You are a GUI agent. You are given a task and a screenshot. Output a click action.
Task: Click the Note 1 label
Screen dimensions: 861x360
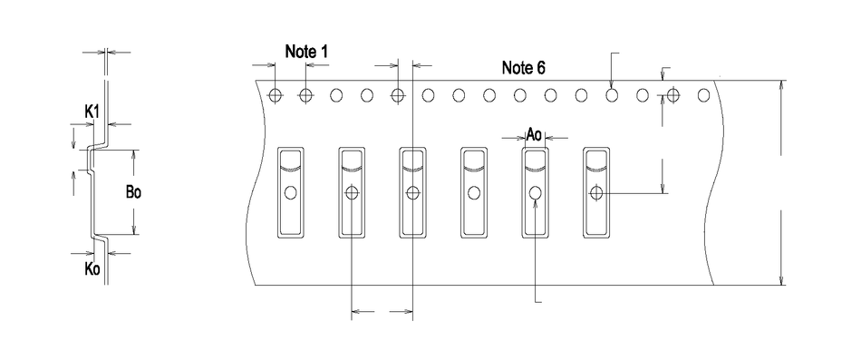click(306, 52)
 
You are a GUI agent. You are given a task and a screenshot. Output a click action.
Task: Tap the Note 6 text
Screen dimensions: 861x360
click(523, 68)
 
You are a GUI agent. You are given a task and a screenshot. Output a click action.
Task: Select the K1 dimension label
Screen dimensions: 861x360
click(92, 112)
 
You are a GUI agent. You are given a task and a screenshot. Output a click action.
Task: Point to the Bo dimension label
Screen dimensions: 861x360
click(133, 193)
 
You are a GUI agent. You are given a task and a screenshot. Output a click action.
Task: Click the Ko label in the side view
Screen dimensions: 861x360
click(92, 269)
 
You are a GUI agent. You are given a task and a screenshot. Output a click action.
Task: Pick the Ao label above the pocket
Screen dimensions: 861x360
click(535, 133)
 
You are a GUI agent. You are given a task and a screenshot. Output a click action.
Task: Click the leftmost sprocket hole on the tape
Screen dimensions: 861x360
click(276, 95)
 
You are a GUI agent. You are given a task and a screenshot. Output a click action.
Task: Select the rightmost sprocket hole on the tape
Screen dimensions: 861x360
click(703, 95)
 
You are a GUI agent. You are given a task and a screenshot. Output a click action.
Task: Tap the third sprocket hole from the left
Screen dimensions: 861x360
click(336, 95)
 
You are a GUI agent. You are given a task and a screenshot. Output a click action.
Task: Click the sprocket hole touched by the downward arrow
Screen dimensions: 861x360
click(612, 95)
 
